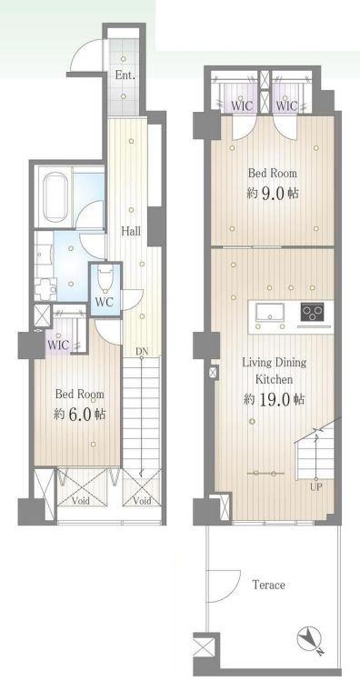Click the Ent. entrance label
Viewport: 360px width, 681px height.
[125, 75]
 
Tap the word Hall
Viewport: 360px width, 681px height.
[131, 231]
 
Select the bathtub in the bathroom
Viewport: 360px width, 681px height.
[54, 196]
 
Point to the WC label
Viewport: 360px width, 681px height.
[105, 302]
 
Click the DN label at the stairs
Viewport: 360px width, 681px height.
[141, 351]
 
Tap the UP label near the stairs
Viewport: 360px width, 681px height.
[315, 486]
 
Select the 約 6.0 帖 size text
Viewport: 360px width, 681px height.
[79, 414]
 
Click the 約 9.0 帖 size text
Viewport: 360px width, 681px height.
[273, 193]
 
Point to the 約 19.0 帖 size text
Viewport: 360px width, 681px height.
[274, 399]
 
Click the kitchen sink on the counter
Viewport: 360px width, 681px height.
[270, 312]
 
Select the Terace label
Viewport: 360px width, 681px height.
[269, 585]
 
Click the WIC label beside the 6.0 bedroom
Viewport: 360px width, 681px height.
[58, 346]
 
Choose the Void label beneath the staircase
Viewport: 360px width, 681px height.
[142, 501]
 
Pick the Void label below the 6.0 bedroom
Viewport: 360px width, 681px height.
[81, 501]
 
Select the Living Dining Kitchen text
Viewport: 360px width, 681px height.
[274, 370]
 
